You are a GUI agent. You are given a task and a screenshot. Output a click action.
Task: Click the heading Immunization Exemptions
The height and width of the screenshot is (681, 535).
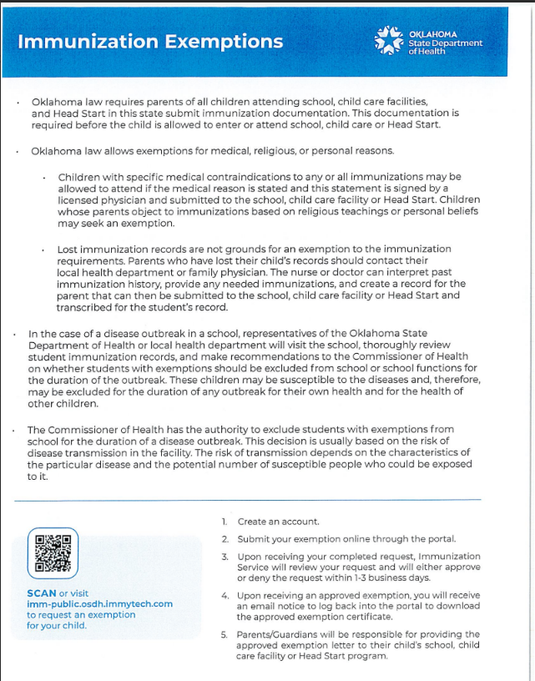pyautogui.click(x=150, y=42)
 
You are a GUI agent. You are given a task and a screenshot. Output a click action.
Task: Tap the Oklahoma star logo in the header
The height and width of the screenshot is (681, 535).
pyautogui.click(x=390, y=40)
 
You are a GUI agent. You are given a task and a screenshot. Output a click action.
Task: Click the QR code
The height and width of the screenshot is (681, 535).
pyautogui.click(x=53, y=553)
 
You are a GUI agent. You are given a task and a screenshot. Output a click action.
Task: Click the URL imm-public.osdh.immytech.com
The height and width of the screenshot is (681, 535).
pyautogui.click(x=99, y=604)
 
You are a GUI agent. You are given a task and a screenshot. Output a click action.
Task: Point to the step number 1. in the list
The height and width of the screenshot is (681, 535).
pyautogui.click(x=225, y=522)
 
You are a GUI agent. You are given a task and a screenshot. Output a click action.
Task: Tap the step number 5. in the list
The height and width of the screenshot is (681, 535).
pyautogui.click(x=225, y=635)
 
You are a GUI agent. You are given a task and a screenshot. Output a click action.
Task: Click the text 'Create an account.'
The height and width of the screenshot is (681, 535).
pyautogui.click(x=278, y=522)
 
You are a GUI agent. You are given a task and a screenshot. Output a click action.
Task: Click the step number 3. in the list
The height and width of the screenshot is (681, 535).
pyautogui.click(x=225, y=557)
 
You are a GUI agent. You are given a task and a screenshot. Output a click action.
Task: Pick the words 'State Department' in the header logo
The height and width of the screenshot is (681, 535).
pyautogui.click(x=445, y=43)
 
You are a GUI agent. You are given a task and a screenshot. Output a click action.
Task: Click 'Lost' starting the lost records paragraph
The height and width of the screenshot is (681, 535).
pyautogui.click(x=68, y=250)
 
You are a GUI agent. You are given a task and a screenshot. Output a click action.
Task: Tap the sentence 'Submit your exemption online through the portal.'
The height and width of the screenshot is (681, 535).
pyautogui.click(x=346, y=539)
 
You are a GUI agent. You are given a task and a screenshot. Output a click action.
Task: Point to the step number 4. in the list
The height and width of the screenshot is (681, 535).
pyautogui.click(x=225, y=596)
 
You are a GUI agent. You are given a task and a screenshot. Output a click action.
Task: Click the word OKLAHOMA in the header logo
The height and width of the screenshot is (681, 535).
pyautogui.click(x=432, y=34)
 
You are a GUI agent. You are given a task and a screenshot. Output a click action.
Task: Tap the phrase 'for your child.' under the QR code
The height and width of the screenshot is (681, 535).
pyautogui.click(x=56, y=625)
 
